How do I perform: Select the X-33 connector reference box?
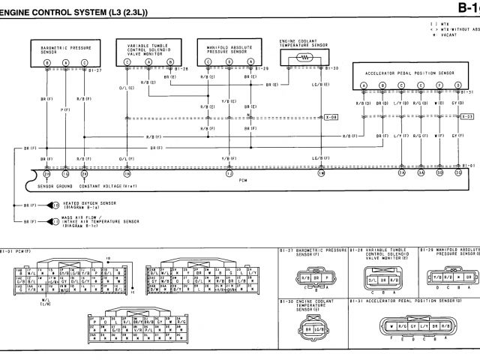click(x=466, y=117)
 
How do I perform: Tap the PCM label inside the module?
click(x=241, y=181)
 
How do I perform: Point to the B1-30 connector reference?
click(x=333, y=69)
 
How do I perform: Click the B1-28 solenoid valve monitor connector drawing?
click(x=383, y=278)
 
